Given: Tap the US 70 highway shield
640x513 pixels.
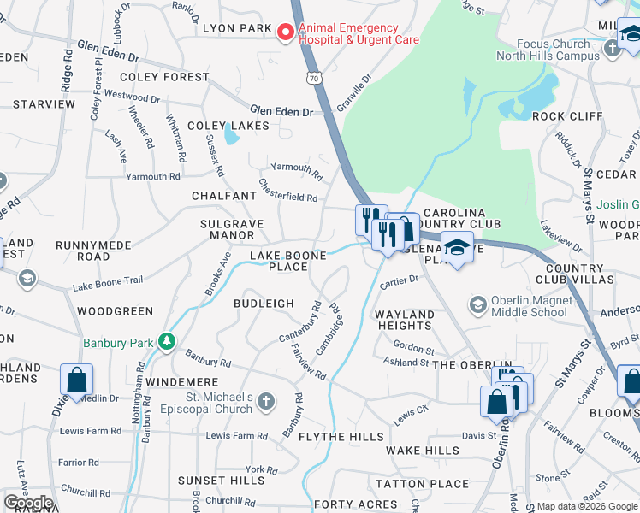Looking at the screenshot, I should tap(316, 79).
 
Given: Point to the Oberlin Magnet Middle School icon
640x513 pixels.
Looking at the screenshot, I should tap(477, 304).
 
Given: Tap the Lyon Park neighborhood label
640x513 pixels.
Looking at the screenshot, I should tap(237, 28).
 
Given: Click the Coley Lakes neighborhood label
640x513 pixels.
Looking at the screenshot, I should tap(228, 126).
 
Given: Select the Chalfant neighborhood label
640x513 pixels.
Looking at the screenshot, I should tap(224, 196).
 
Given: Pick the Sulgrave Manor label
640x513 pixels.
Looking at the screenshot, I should tap(227, 229).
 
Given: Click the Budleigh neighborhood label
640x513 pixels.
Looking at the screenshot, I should tap(264, 304).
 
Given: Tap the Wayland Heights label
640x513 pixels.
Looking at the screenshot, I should tap(404, 320).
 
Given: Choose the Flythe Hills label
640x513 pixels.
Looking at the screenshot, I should tap(341, 437).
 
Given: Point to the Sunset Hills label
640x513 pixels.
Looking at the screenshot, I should tap(222, 481).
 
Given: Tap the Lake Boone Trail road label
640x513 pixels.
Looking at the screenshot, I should tap(107, 283).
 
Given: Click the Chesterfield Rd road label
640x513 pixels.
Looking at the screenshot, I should tap(288, 192).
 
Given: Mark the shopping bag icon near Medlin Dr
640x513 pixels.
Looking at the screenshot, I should tap(77, 381).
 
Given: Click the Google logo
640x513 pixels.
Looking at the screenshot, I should tap(28, 503).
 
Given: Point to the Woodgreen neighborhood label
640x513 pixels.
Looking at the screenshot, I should tap(115, 312).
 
